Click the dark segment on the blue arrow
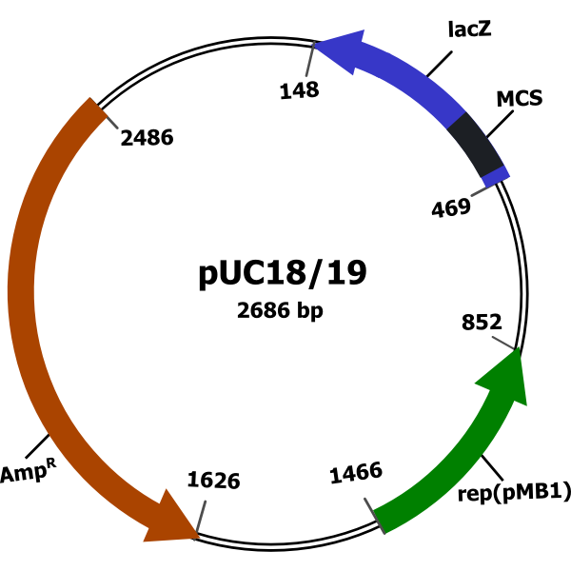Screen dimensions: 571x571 pos(475,144)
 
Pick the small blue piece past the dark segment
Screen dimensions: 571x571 pos(496,177)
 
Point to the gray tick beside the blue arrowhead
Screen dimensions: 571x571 pos(309,60)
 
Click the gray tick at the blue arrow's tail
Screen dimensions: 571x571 pos(481,191)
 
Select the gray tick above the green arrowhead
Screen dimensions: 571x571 pos(502,342)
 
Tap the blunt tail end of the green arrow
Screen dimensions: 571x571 pos(379,522)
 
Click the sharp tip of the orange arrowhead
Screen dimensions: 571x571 pos(198,537)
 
